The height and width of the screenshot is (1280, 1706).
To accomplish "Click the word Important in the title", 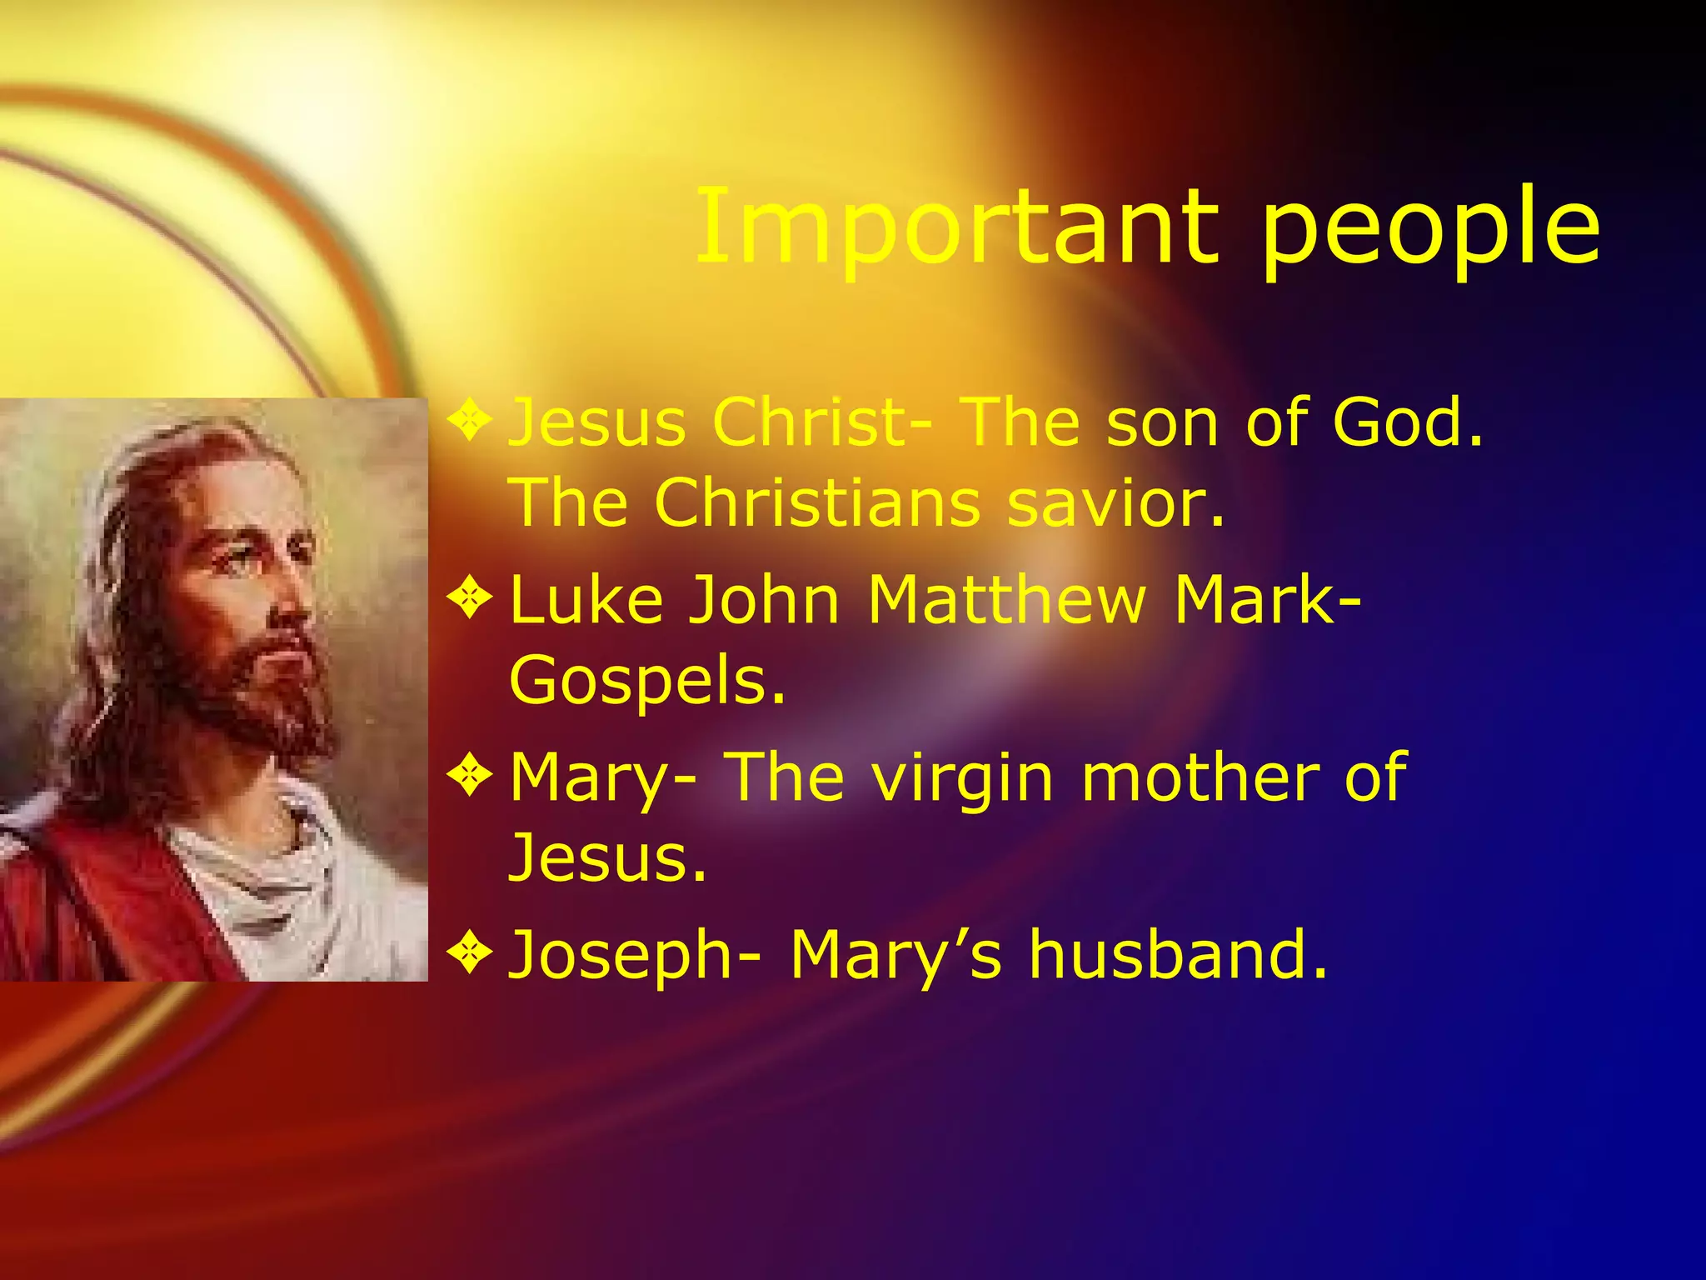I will point(958,225).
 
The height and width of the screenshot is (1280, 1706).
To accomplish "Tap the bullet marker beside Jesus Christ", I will point(471,421).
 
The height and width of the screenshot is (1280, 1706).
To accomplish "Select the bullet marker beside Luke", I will point(471,598).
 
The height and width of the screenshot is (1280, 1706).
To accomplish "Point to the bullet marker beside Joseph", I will point(471,953).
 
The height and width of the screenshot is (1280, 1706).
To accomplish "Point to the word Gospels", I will point(646,680).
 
